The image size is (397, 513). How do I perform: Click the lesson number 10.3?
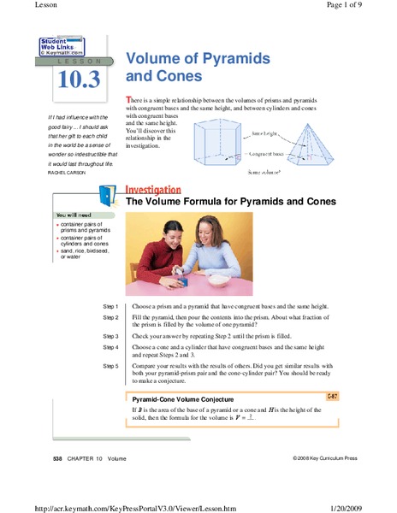79,80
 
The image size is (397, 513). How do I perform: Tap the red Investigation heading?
153,190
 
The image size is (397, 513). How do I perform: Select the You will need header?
74,214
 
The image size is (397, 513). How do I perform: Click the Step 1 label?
110,306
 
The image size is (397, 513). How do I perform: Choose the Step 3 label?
110,336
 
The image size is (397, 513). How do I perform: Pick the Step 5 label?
110,366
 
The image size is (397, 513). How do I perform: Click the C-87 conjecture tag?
332,397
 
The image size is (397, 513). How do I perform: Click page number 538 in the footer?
58,459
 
